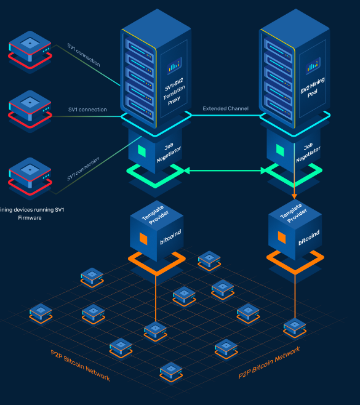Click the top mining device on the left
(29, 49)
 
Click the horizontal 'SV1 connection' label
(87, 110)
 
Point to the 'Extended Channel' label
(226, 109)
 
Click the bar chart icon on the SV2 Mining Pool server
(313, 63)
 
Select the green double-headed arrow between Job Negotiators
(225, 171)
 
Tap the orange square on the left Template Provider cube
(143, 238)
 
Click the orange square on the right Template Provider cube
(281, 237)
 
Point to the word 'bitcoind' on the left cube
(170, 236)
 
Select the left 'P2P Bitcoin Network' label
(80, 365)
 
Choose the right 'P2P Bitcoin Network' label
(269, 363)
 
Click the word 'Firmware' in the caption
(29, 218)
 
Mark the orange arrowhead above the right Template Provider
(294, 195)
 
